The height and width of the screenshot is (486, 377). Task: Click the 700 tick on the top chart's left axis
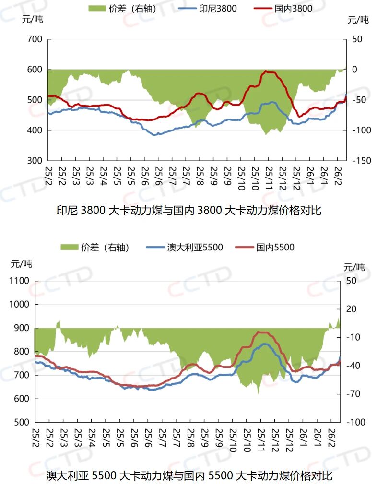(x=35, y=39)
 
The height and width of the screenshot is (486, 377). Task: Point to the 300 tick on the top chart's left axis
(x=35, y=161)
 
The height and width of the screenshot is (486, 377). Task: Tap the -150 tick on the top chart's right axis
(x=362, y=161)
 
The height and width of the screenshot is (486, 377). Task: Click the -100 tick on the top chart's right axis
(x=362, y=130)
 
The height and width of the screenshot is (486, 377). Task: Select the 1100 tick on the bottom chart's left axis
(x=20, y=281)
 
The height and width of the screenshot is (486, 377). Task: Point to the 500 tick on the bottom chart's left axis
(x=22, y=422)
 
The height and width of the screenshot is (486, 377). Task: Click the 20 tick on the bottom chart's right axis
(x=355, y=309)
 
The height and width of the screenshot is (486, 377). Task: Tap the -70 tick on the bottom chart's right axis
(x=355, y=394)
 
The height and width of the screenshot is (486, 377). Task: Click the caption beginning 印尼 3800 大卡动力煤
(x=188, y=210)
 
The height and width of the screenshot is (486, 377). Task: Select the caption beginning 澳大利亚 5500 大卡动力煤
(x=188, y=476)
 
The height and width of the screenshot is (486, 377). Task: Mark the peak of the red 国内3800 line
(x=266, y=71)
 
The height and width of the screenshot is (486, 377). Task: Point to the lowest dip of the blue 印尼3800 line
(x=154, y=135)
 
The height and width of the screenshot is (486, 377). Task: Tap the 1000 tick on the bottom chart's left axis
(x=20, y=305)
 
